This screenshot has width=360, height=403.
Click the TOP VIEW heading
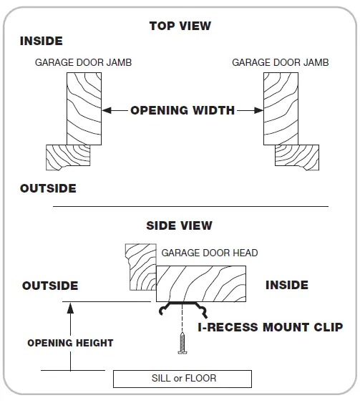click(180, 26)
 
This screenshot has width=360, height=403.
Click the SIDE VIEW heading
click(179, 225)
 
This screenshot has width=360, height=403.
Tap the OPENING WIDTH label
click(182, 110)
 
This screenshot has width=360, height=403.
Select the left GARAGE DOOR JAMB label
click(83, 63)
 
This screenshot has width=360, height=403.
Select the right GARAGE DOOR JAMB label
click(280, 63)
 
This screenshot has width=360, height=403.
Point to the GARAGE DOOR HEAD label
click(209, 253)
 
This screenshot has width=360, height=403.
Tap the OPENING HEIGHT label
click(70, 343)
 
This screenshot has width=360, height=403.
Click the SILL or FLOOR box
click(183, 378)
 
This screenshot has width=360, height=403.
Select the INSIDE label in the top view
click(41, 42)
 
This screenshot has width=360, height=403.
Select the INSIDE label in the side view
click(286, 285)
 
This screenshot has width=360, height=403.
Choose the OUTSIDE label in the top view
click(48, 189)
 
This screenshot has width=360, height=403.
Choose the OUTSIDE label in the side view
click(50, 286)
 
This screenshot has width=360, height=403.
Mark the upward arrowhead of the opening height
click(70, 307)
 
